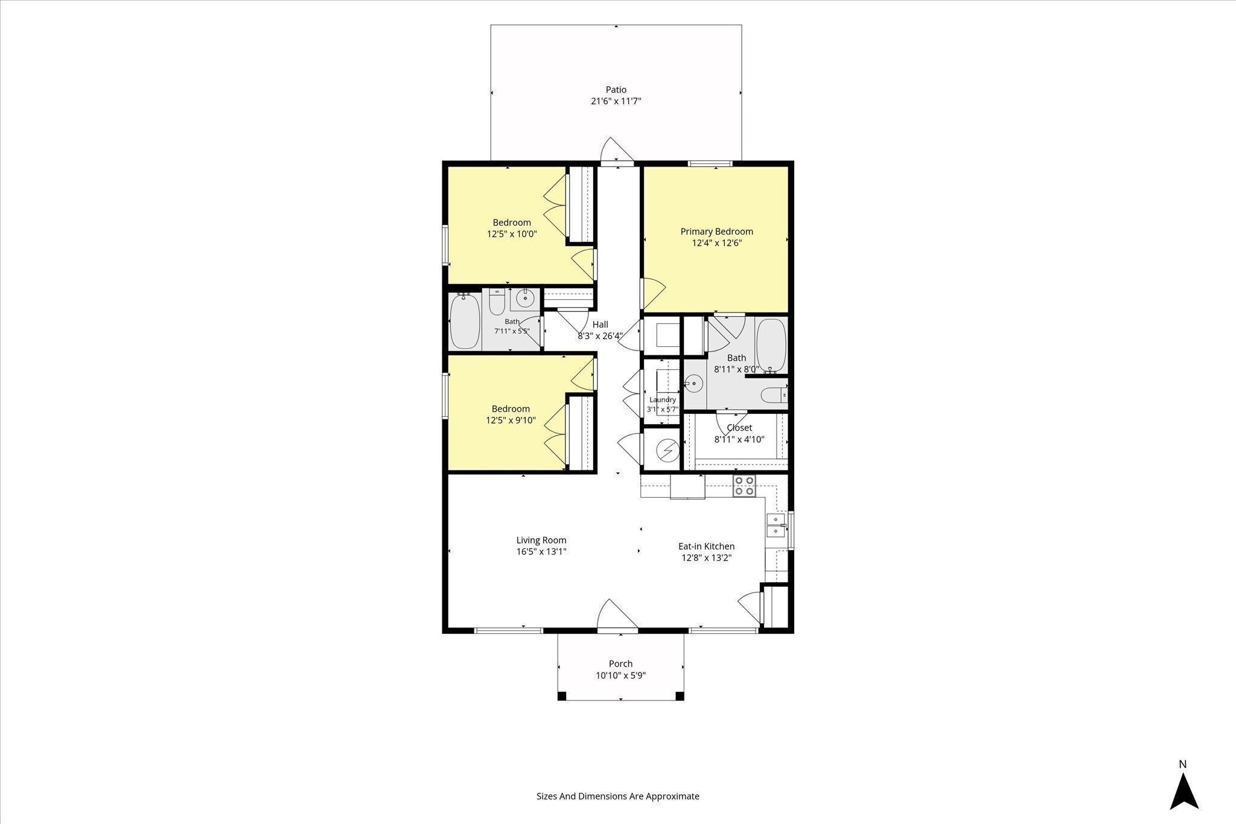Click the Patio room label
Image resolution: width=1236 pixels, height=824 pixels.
(x=616, y=90)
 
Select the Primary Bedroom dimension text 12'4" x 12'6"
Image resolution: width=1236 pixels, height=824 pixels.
(x=717, y=243)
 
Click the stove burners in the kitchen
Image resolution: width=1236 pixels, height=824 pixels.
(x=745, y=486)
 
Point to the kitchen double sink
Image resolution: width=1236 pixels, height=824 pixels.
(x=776, y=525)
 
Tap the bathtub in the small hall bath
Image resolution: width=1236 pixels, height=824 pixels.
(x=465, y=321)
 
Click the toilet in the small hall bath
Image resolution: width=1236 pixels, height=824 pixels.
(x=497, y=302)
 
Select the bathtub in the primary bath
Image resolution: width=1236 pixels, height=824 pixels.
(x=771, y=346)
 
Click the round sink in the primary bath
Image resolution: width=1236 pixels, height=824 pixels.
(x=695, y=382)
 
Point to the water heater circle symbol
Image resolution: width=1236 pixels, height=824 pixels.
(x=667, y=449)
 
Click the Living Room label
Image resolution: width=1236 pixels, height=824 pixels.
(x=541, y=540)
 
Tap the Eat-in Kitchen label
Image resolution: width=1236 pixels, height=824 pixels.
(x=707, y=547)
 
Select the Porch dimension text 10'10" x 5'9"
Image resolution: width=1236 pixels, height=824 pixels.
(x=621, y=676)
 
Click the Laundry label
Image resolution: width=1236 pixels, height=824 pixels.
(x=663, y=400)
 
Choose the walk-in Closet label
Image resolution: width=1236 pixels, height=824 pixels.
(x=739, y=428)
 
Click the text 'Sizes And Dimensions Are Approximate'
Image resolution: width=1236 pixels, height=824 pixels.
(x=618, y=796)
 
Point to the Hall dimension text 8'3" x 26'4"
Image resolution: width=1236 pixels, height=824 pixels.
(x=600, y=337)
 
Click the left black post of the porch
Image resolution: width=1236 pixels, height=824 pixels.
(x=562, y=696)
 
